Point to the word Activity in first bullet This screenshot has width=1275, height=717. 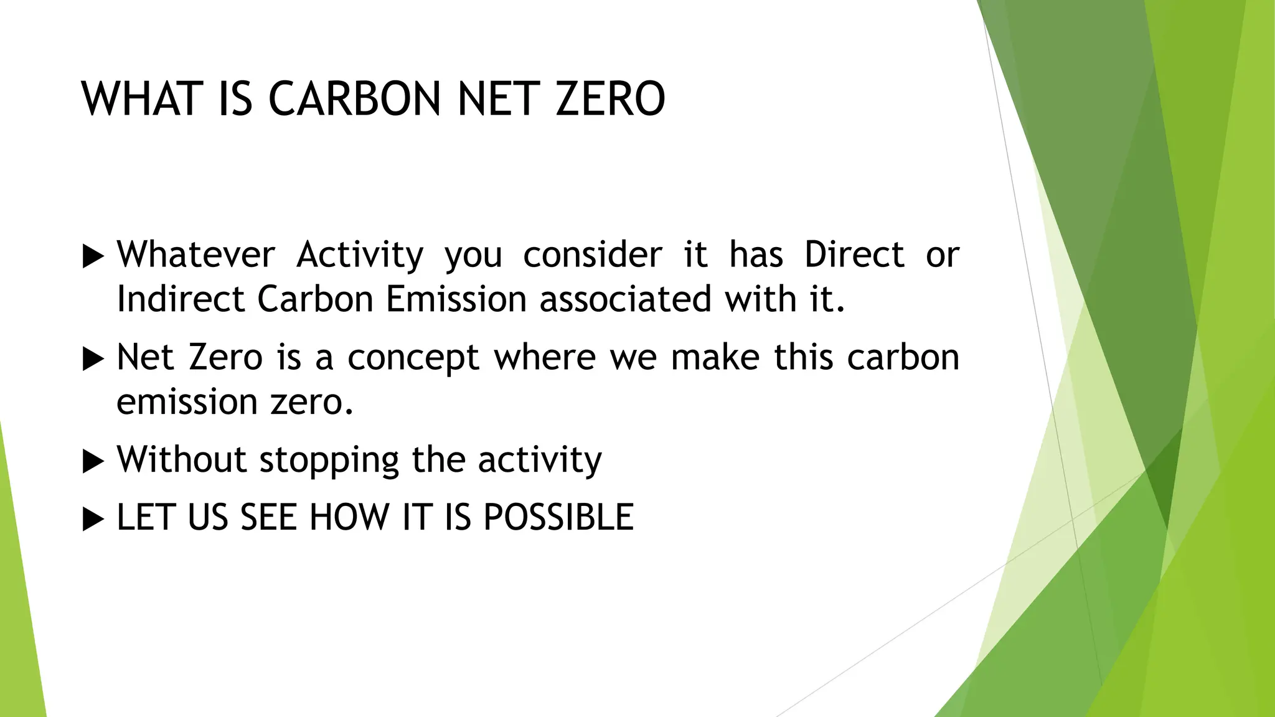[359, 255]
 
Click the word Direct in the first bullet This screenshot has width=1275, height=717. [854, 255]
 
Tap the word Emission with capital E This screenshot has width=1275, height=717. [456, 299]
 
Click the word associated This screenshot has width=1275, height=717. [624, 299]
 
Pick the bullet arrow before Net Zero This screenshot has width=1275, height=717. [93, 359]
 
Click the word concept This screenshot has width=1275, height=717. [413, 358]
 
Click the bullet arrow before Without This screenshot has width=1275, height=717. [93, 461]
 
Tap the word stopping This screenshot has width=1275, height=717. [329, 461]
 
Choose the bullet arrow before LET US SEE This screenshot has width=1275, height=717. [93, 519]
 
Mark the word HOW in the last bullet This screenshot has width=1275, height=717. [349, 517]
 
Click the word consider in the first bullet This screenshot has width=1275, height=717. [592, 255]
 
